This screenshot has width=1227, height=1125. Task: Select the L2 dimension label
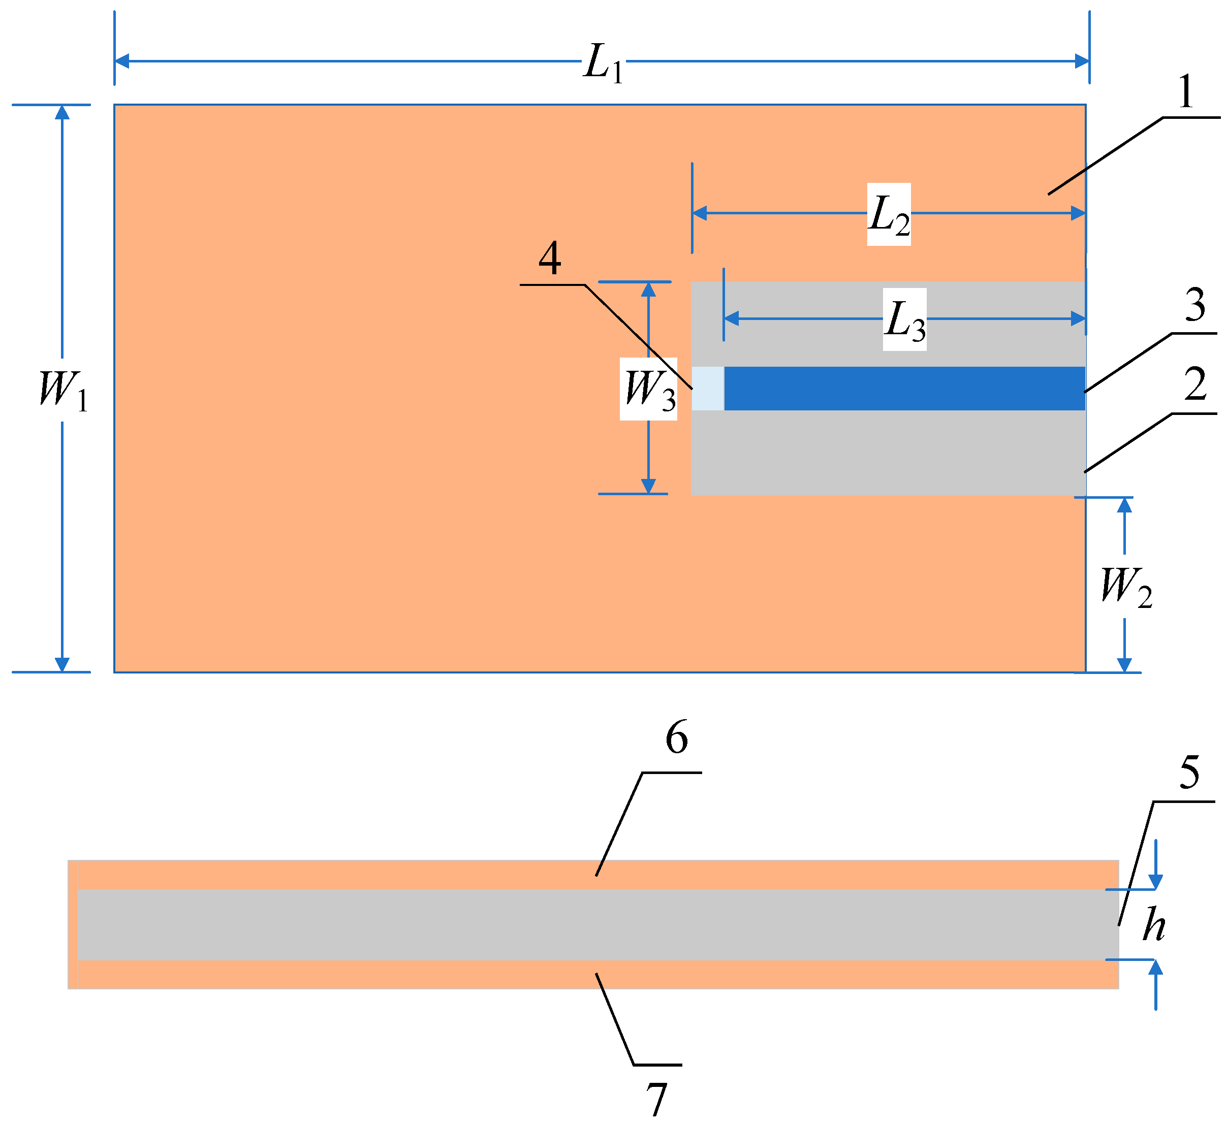pos(889,215)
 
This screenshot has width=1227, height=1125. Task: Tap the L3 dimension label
pos(905,320)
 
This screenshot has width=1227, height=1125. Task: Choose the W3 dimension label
pos(650,390)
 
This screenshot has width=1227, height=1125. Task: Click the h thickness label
pos(1153,925)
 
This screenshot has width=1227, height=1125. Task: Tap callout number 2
pos(1194,385)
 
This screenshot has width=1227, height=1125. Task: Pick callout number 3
pos(1194,306)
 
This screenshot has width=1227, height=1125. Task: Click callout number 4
pos(549,259)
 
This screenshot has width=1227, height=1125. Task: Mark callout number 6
pos(677,738)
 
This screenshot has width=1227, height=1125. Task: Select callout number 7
pos(656,1099)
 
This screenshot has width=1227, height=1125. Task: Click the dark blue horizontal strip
pos(904,389)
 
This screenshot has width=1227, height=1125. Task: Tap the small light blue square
pos(708,389)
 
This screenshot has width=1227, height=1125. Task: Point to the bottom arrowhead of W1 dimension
pos(62,664)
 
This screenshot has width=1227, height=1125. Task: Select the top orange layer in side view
pos(597,875)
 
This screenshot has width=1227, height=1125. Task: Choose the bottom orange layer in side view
pos(597,974)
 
